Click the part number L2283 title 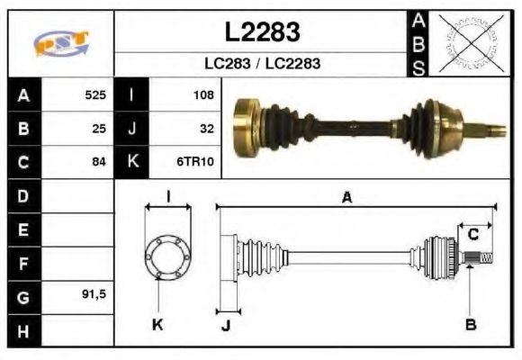pyautogui.click(x=261, y=32)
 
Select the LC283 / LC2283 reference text pyautogui.click(x=261, y=65)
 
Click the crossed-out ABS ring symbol pyautogui.click(x=467, y=43)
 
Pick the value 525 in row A pyautogui.click(x=95, y=94)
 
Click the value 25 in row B pyautogui.click(x=99, y=128)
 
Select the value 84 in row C pyautogui.click(x=99, y=162)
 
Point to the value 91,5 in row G pyautogui.click(x=94, y=295)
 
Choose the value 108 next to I pyautogui.click(x=202, y=94)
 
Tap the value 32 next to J pyautogui.click(x=206, y=128)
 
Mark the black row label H pyautogui.click(x=22, y=330)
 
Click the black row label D pyautogui.click(x=22, y=195)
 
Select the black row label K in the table pyautogui.click(x=132, y=162)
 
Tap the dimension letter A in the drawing pyautogui.click(x=346, y=198)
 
